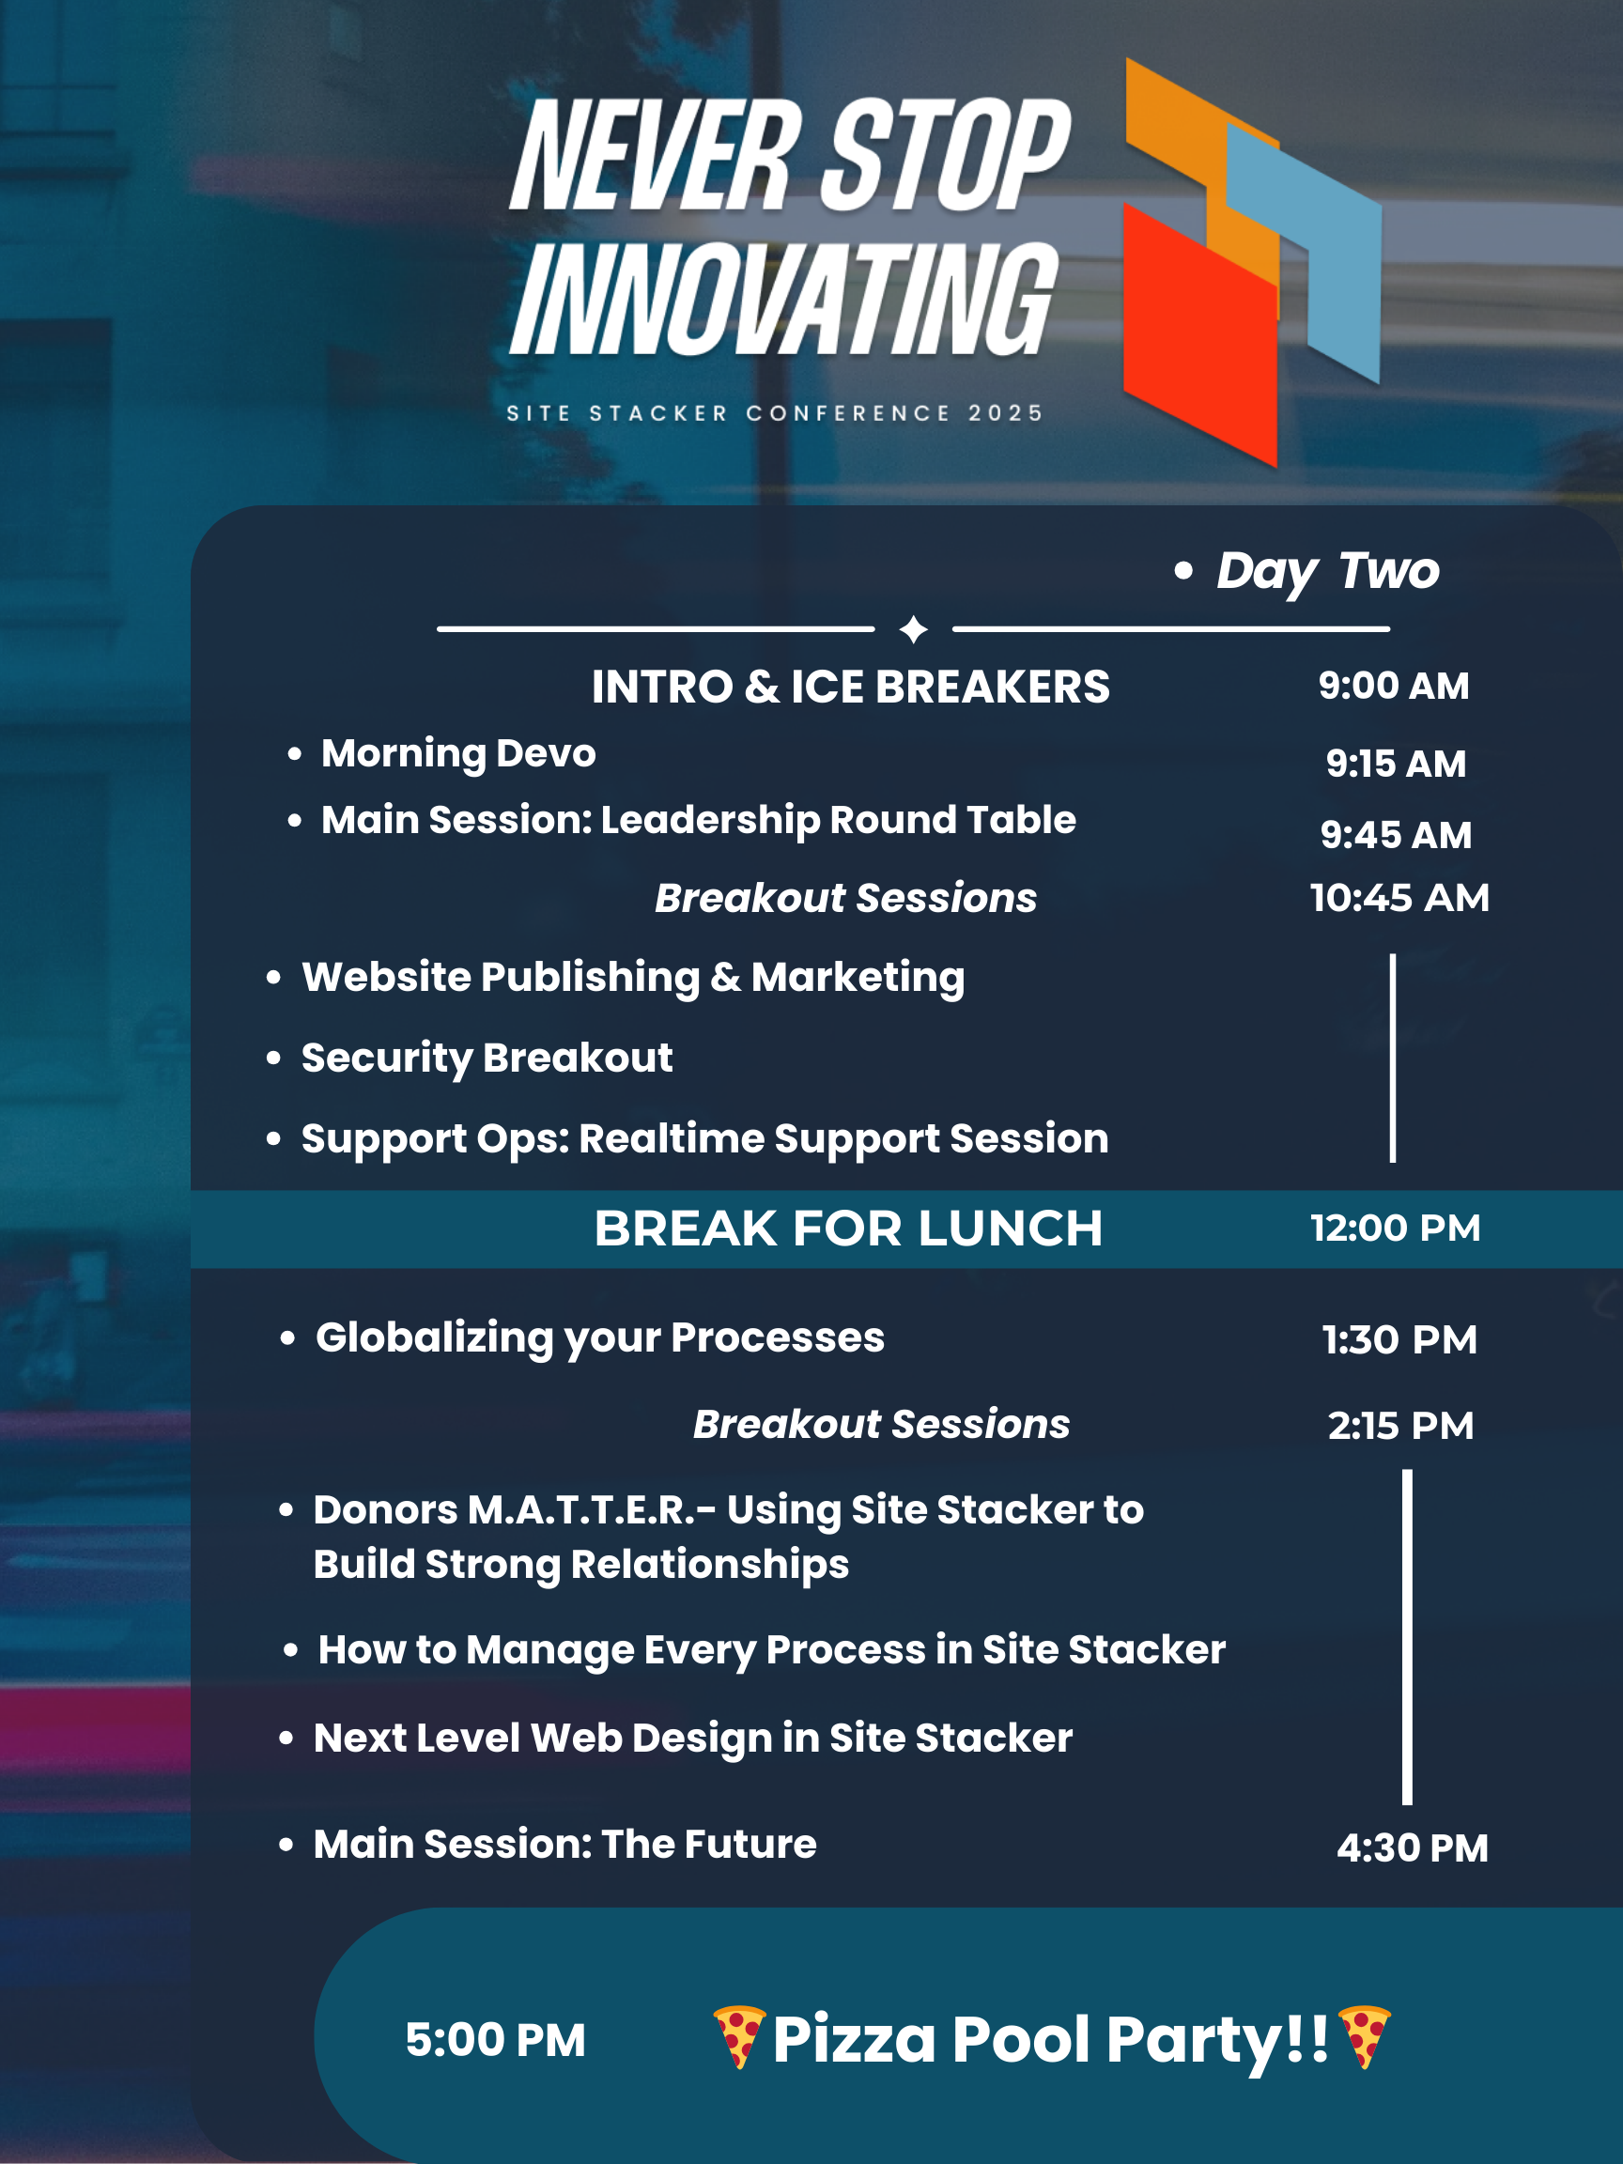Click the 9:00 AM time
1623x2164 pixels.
1393,686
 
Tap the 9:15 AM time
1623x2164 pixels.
1396,763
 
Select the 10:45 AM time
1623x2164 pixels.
1400,897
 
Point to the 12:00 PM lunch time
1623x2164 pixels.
1396,1228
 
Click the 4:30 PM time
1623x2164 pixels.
1413,1848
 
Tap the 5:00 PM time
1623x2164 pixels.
495,2041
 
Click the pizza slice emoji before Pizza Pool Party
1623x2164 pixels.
738,2037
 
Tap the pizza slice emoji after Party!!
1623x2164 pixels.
1363,2037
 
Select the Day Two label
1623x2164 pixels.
1327,571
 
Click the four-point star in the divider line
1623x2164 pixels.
914,629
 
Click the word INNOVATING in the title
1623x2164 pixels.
783,299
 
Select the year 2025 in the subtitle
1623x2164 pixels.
1006,414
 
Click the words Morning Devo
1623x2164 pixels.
459,754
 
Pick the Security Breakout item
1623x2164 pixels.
487,1059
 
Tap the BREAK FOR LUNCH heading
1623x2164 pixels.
848,1229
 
